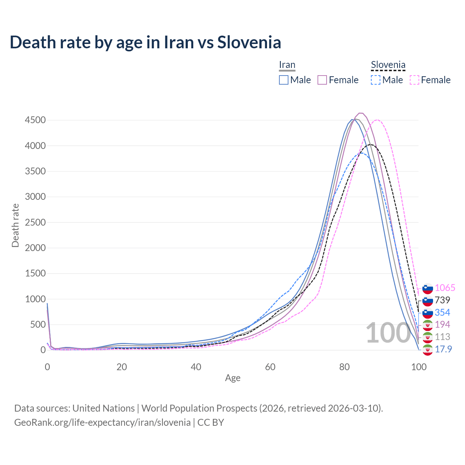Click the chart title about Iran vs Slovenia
tap(145, 42)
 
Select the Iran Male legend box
tap(284, 80)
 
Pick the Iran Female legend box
tap(322, 80)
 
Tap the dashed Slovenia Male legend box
tap(376, 80)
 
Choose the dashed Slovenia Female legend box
tap(415, 80)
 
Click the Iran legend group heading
tap(287, 65)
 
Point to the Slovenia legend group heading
tap(388, 65)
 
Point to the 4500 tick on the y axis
tap(35, 120)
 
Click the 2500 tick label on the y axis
tap(35, 222)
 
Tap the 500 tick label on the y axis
tap(38, 324)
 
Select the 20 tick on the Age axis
tap(122, 367)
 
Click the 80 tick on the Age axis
tap(344, 367)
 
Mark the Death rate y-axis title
tap(15, 225)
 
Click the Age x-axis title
tap(232, 378)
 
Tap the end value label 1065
tap(445, 288)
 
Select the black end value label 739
tap(442, 300)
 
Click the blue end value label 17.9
tap(443, 349)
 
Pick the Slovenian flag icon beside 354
tap(428, 313)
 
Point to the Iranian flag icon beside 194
tap(428, 325)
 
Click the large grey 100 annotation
tap(388, 333)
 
